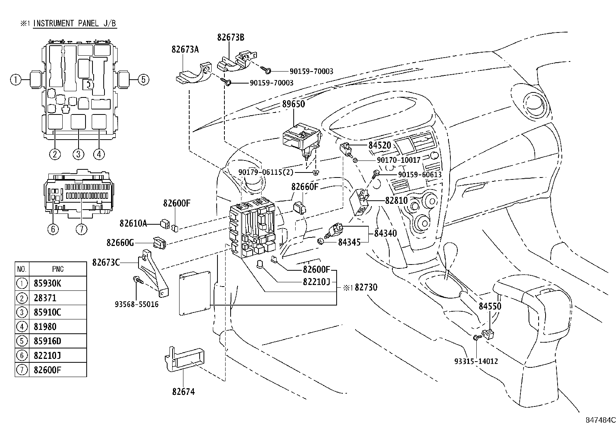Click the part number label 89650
pyautogui.click(x=293, y=104)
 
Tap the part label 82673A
pyautogui.click(x=185, y=49)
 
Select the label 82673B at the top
pyautogui.click(x=231, y=38)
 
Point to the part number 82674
pyautogui.click(x=183, y=392)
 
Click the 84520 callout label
pyautogui.click(x=380, y=145)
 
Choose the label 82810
pyautogui.click(x=396, y=201)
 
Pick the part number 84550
pyautogui.click(x=490, y=306)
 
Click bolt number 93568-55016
pyautogui.click(x=137, y=305)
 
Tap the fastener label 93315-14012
pyautogui.click(x=476, y=362)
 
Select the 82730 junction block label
pyautogui.click(x=366, y=287)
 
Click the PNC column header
pyautogui.click(x=58, y=269)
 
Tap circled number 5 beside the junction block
pyautogui.click(x=143, y=80)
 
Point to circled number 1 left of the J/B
pyautogui.click(x=15, y=80)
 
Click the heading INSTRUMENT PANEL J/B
pyautogui.click(x=74, y=23)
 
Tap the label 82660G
pyautogui.click(x=120, y=243)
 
